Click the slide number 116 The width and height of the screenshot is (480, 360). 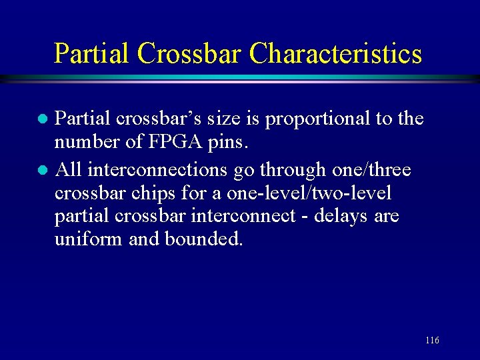click(x=432, y=341)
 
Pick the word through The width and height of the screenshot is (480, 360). click(x=283, y=170)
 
